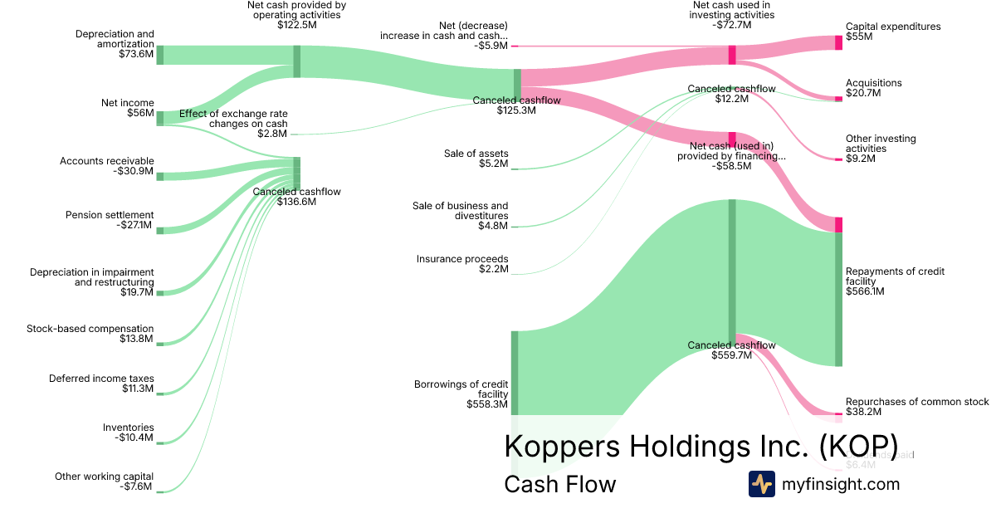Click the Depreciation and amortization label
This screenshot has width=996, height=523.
point(115,44)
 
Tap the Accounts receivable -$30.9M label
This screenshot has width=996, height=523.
point(107,166)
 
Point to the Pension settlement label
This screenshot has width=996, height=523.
point(110,220)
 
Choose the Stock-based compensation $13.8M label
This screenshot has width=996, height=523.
point(90,334)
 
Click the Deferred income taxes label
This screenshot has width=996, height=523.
point(101,384)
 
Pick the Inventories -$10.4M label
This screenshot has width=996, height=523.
point(128,432)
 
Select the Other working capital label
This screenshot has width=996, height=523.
point(104,481)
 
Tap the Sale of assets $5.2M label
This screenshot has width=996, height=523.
point(476,159)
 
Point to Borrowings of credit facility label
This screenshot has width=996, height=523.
point(461,393)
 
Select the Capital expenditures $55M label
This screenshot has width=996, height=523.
point(893,32)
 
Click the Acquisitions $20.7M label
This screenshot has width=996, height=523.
point(873,88)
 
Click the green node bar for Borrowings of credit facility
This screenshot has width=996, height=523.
point(515,373)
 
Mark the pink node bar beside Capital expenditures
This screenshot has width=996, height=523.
point(838,42)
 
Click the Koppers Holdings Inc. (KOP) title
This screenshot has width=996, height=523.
point(701,446)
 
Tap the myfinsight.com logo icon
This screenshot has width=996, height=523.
point(761,484)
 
